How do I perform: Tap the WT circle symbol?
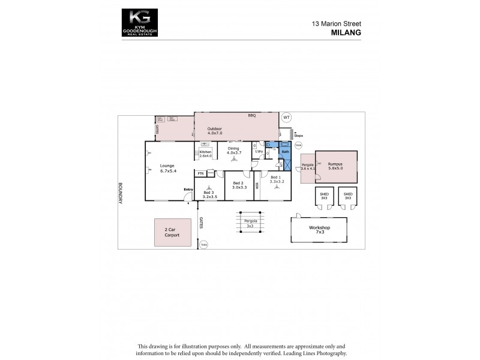[x=286, y=117]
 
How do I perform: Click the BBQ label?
[x=252, y=115]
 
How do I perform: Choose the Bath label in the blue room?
[x=285, y=152]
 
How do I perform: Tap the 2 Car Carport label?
[x=172, y=233]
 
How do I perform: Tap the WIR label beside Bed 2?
[x=257, y=186]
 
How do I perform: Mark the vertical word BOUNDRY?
[x=120, y=193]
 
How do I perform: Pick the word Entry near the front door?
[x=188, y=190]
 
